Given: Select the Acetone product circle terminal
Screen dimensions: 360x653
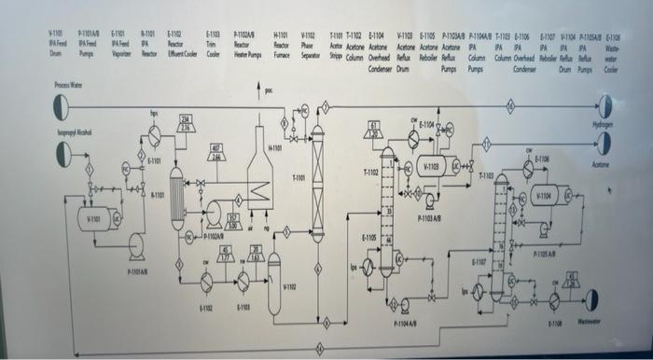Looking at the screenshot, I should point(604,143).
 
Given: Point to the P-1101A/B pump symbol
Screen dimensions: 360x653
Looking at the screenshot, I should point(136,244).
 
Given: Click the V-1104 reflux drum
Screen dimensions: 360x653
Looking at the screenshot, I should point(544,198).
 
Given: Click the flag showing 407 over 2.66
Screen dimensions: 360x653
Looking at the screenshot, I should point(215,151).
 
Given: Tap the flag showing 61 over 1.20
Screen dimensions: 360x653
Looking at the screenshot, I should point(375,129).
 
